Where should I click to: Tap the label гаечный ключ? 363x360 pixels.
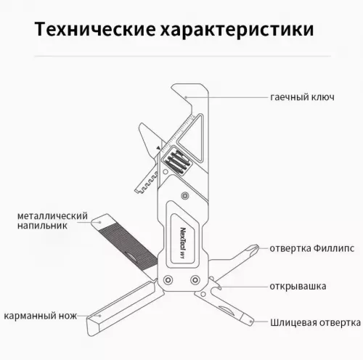[302, 97]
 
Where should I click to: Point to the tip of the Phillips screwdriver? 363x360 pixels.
[257, 251]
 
